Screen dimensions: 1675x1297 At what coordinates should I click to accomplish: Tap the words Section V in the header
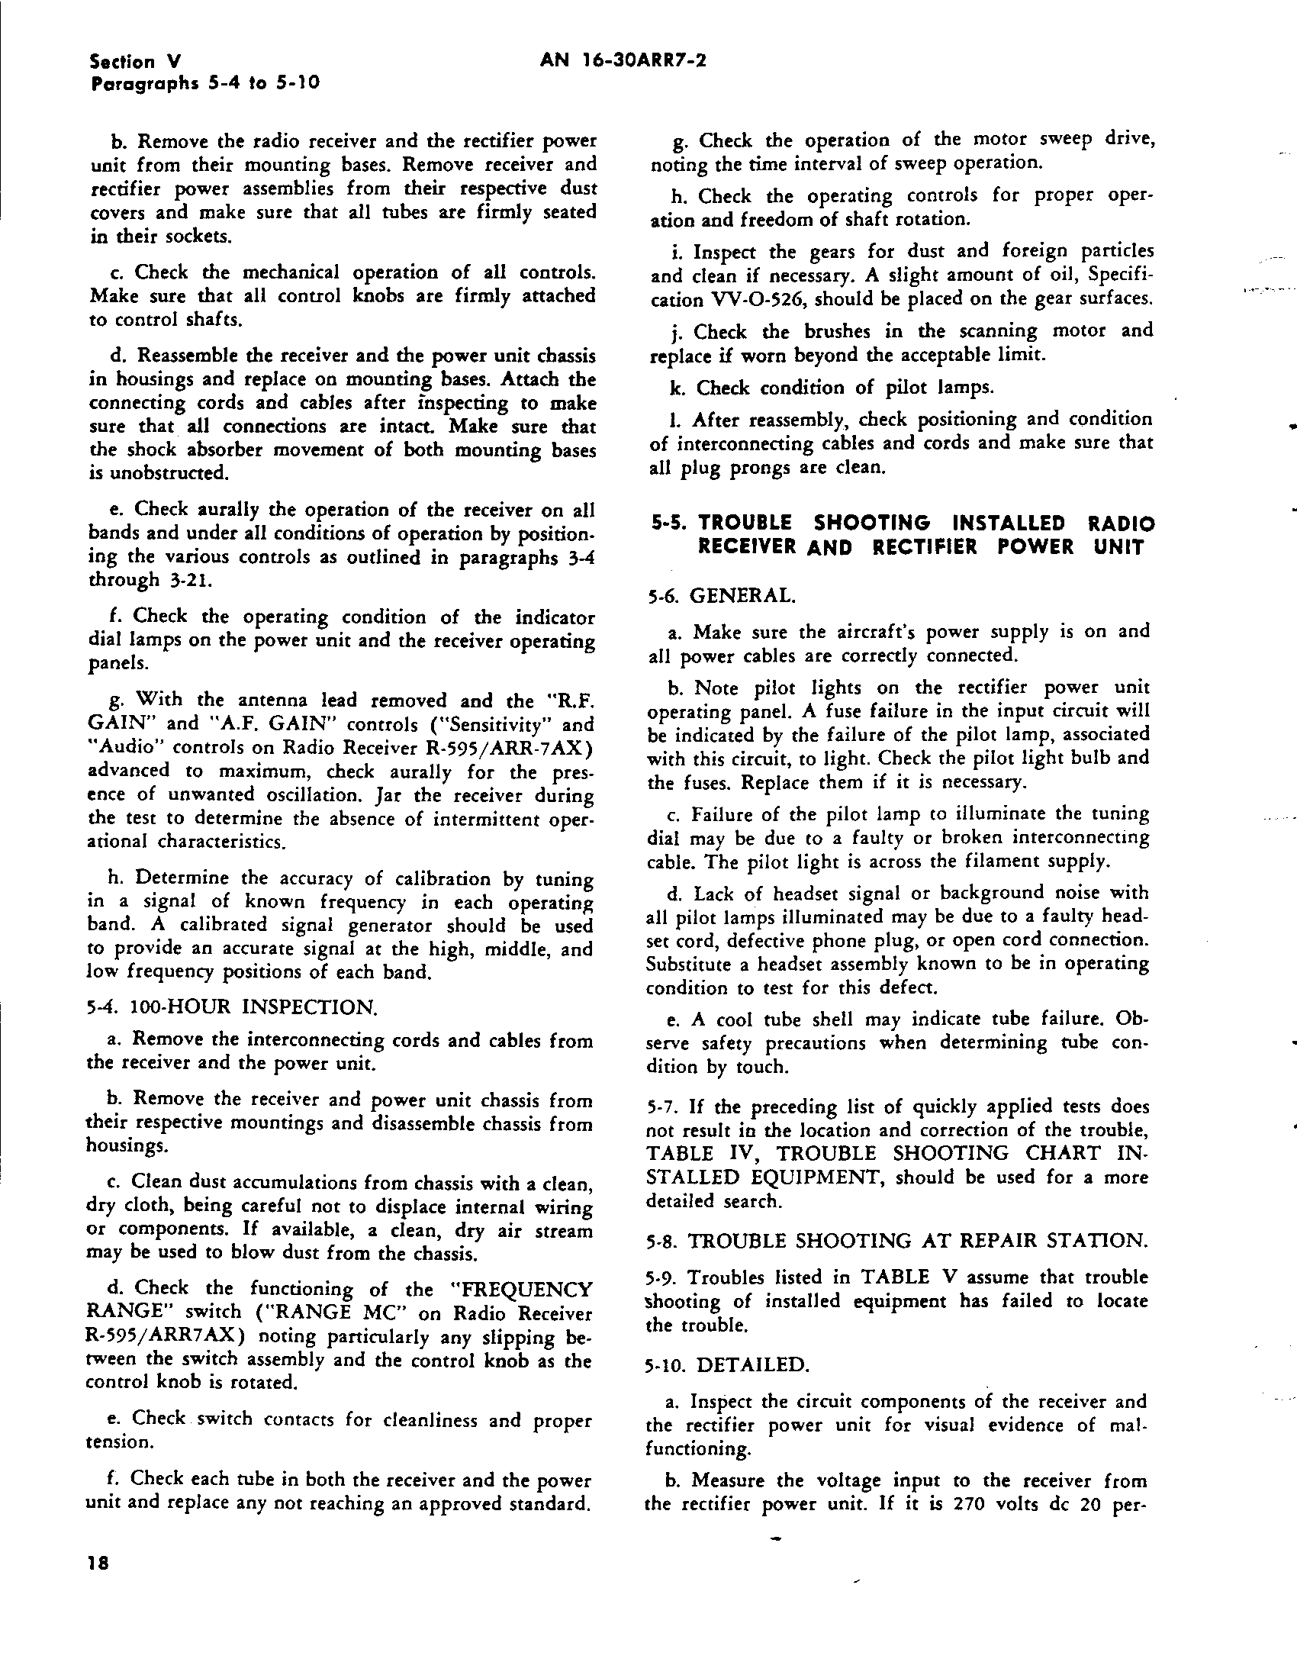[134, 62]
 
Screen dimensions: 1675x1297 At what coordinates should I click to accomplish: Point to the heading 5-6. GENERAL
[721, 595]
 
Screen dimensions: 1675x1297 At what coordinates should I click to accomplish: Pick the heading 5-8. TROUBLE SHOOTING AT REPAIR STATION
[897, 1241]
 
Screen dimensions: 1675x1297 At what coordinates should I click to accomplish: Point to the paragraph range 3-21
[185, 580]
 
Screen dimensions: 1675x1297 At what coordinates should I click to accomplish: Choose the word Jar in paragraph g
[391, 794]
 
